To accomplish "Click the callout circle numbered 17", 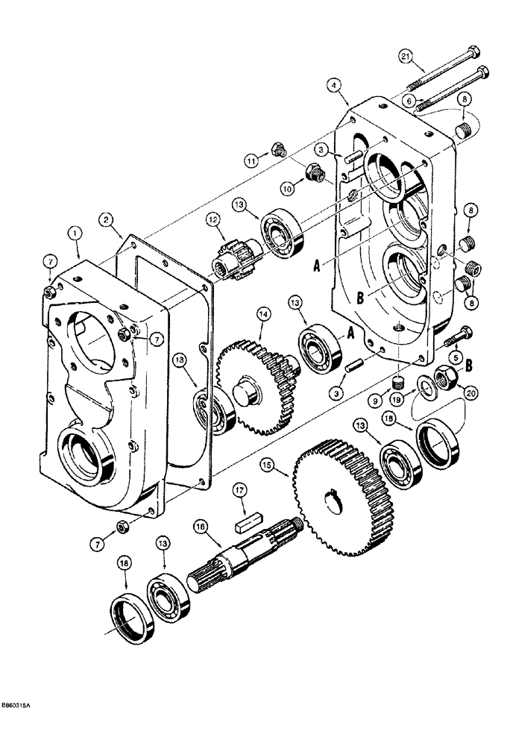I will click(240, 490).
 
